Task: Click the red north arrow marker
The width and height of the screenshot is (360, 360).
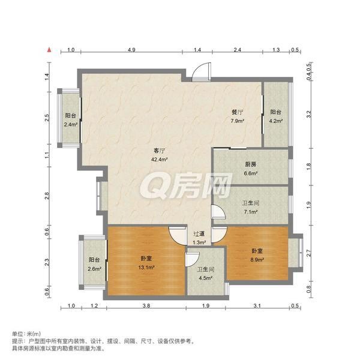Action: (49, 50)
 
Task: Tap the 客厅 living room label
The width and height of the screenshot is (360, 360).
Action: (159, 151)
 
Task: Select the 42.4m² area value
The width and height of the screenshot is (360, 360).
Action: (159, 160)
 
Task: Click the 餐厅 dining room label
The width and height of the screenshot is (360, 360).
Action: (238, 112)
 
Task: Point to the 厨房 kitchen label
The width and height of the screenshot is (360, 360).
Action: (250, 164)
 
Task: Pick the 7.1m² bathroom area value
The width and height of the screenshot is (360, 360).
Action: (250, 212)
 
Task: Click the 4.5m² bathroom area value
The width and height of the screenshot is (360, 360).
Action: (205, 278)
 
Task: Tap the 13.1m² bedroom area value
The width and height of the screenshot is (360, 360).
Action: (146, 268)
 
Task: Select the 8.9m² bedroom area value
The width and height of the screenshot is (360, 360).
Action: (257, 260)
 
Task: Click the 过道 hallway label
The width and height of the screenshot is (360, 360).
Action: (199, 234)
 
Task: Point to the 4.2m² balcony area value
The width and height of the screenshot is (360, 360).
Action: (276, 121)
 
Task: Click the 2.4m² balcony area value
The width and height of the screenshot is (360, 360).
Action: (70, 124)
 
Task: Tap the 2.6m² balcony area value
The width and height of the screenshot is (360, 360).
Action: (94, 269)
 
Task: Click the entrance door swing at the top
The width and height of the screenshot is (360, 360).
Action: (201, 71)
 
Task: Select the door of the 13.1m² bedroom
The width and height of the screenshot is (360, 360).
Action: (178, 236)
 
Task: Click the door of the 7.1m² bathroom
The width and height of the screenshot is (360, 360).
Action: (218, 212)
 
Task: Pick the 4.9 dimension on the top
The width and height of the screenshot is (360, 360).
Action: (131, 50)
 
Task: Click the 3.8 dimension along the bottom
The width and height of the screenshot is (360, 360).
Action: (146, 305)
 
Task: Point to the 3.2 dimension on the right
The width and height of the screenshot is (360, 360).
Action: (309, 114)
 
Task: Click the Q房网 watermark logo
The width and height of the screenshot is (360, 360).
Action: (186, 185)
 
